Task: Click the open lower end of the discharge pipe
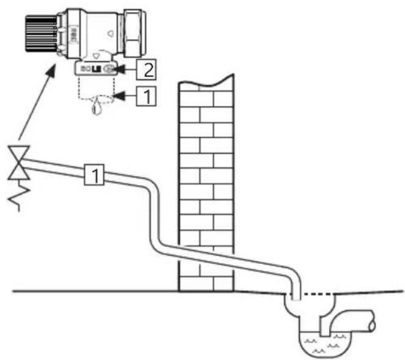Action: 295,297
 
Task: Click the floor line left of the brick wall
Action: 92,291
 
